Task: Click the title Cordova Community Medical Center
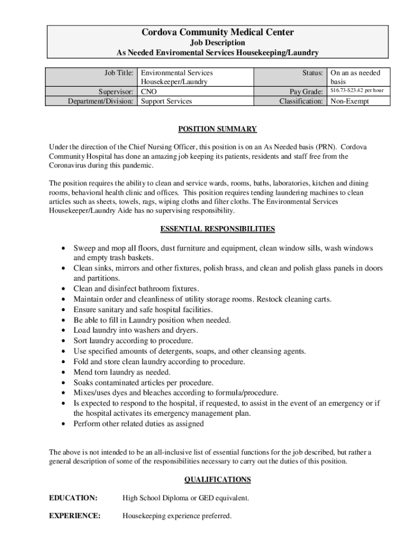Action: pyautogui.click(x=218, y=33)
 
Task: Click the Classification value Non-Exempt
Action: pyautogui.click(x=350, y=101)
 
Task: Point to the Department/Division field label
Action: pyautogui.click(x=100, y=101)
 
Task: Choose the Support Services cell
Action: pyautogui.click(x=166, y=101)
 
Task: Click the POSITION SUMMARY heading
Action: pyautogui.click(x=218, y=129)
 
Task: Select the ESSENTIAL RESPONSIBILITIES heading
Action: pyautogui.click(x=218, y=229)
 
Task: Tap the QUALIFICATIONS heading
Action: pyautogui.click(x=218, y=479)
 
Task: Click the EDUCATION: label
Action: pyautogui.click(x=73, y=498)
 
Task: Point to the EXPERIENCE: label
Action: pyautogui.click(x=75, y=516)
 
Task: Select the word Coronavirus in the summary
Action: pyautogui.click(x=69, y=165)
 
